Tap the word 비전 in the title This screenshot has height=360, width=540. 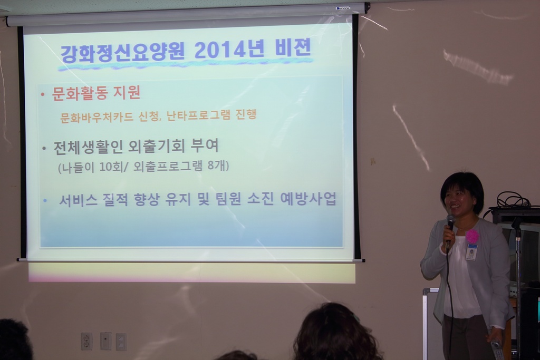293,48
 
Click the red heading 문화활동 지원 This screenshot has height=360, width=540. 96,93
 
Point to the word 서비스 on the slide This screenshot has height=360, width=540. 78,200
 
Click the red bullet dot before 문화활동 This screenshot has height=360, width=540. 43,94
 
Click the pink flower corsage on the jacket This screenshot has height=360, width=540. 472,236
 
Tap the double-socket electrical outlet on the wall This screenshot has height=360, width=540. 86,341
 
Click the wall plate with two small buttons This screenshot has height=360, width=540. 121,342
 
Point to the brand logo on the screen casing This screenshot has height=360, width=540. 343,8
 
